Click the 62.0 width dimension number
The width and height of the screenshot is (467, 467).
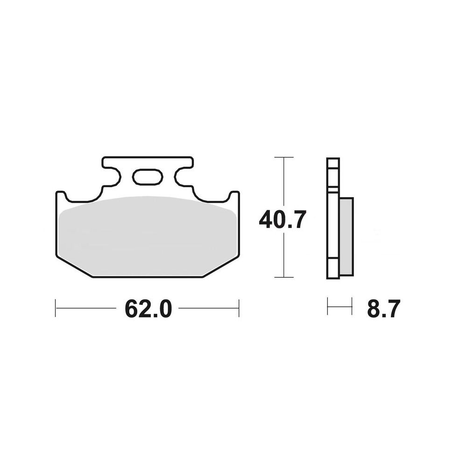pos(149,309)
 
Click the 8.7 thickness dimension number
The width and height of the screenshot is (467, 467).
pos(383,309)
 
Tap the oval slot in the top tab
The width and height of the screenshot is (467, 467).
pos(148,177)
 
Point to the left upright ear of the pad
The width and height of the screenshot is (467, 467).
pos(61,197)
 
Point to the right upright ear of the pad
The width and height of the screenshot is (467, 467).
pos(234,197)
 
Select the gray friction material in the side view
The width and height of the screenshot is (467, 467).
pos(347,236)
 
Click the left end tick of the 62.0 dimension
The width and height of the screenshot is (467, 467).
pos(56,308)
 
